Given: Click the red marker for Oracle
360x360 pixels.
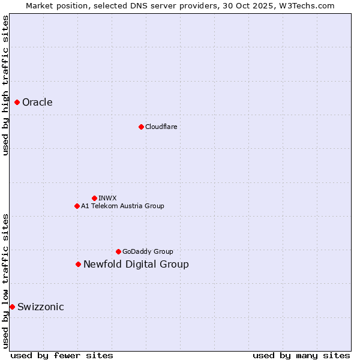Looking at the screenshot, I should click(x=17, y=102).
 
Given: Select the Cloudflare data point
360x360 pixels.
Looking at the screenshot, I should click(x=141, y=127).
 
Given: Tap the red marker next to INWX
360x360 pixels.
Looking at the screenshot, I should click(x=94, y=198).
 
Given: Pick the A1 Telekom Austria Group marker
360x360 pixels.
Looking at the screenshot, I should click(x=77, y=206).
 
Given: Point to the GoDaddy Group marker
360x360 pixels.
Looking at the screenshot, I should click(x=118, y=251).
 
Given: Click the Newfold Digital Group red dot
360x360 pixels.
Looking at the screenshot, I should click(x=78, y=264).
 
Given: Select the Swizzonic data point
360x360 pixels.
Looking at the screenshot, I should click(x=12, y=307).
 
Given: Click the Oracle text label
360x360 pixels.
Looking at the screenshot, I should click(x=37, y=102).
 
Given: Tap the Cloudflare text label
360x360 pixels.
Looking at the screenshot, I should click(x=161, y=127).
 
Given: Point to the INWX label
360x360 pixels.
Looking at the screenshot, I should click(x=107, y=198).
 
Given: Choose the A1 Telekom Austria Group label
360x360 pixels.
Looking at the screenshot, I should click(x=122, y=206).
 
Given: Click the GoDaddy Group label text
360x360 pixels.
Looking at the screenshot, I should click(x=148, y=251).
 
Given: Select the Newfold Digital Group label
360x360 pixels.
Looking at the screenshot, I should click(x=136, y=264).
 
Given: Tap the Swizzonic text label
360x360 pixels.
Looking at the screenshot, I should click(x=40, y=307).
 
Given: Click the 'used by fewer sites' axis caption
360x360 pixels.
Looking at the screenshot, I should click(x=62, y=355).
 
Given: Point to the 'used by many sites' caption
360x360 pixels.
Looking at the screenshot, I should click(x=301, y=355).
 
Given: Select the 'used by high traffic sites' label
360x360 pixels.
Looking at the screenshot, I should click(x=5, y=85).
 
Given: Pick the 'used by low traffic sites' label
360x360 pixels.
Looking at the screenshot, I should click(x=5, y=281).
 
